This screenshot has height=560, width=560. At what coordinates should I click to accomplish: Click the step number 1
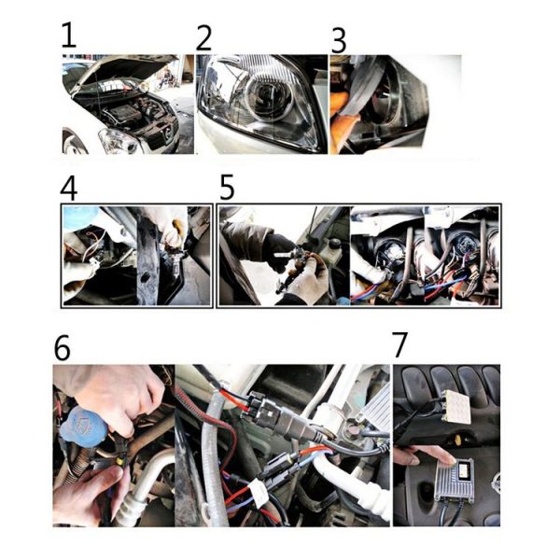coord(68,35)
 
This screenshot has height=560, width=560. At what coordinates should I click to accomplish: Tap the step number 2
coord(203,38)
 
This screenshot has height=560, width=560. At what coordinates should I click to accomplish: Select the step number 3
coord(339,41)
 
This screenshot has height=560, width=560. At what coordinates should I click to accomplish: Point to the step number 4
coord(68,189)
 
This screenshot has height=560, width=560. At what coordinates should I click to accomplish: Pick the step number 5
coord(227,187)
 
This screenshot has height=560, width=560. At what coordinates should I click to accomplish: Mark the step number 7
coord(399,344)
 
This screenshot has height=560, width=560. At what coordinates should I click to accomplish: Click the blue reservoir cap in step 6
coord(83,427)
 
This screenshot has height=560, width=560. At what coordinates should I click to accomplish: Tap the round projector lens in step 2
coord(270,95)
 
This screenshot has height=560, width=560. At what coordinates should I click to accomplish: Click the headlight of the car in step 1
coord(118,141)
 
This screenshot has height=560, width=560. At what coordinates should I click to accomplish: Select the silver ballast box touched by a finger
coord(454,479)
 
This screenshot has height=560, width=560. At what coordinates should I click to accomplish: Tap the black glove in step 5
coord(279,250)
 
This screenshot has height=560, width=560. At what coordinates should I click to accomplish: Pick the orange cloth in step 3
coord(340,118)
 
